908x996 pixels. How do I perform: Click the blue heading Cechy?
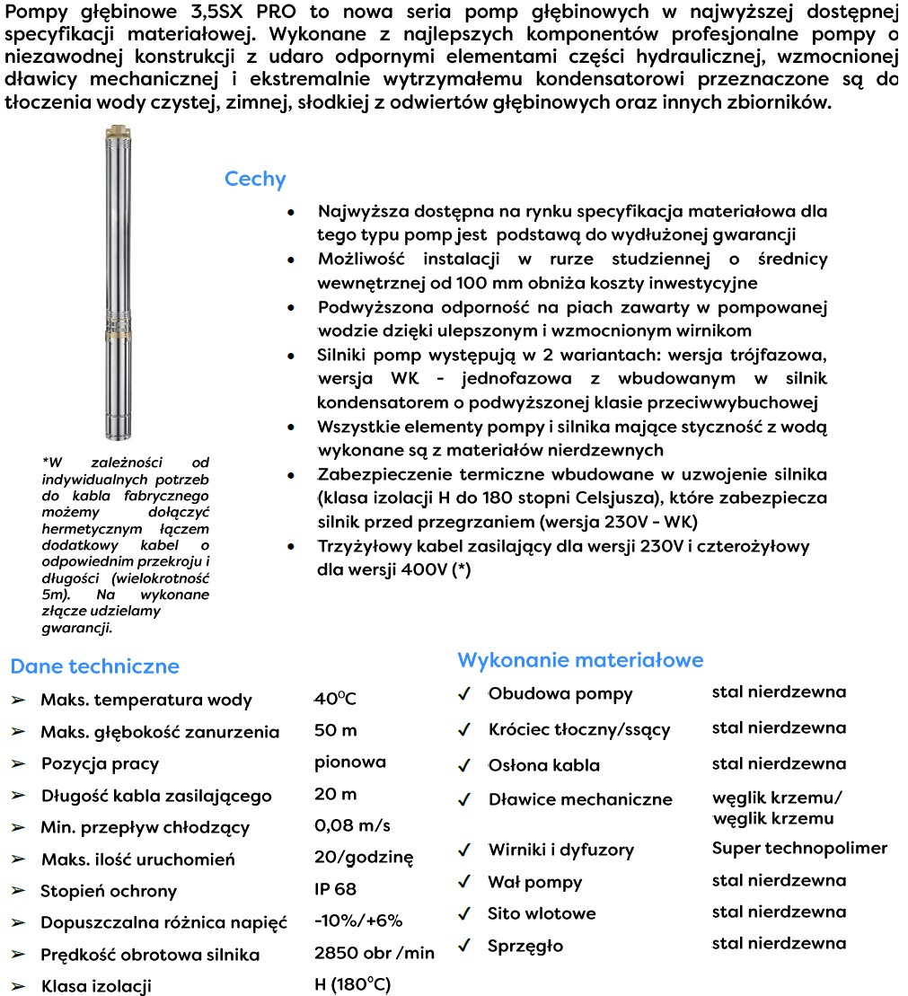pyautogui.click(x=255, y=180)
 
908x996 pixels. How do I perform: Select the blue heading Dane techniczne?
pyautogui.click(x=94, y=666)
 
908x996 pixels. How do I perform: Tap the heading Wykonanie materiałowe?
pyautogui.click(x=580, y=660)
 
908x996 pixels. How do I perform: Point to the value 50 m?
pyautogui.click(x=336, y=731)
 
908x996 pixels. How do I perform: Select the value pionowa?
pyautogui.click(x=350, y=762)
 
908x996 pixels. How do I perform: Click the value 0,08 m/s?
pyautogui.click(x=352, y=825)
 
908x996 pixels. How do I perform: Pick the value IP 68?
pyautogui.click(x=335, y=889)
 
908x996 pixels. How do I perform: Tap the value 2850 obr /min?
pyautogui.click(x=374, y=953)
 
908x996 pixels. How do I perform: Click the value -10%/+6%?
pyautogui.click(x=358, y=921)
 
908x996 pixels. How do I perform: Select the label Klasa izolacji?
pyautogui.click(x=96, y=986)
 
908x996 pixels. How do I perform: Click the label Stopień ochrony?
pyautogui.click(x=109, y=891)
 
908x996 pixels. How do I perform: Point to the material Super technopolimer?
pyautogui.click(x=799, y=848)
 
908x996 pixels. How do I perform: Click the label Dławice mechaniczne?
pyautogui.click(x=580, y=799)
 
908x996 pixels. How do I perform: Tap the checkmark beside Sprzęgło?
pyautogui.click(x=464, y=946)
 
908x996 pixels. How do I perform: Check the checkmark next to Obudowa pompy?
pyautogui.click(x=464, y=694)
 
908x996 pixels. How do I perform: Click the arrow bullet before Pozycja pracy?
pyautogui.click(x=19, y=764)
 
